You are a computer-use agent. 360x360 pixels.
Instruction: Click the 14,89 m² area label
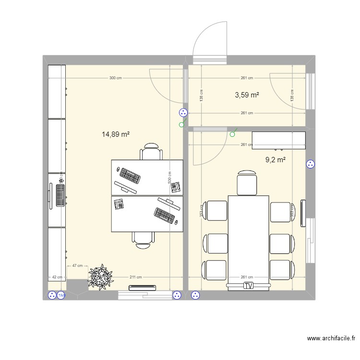point(116,135)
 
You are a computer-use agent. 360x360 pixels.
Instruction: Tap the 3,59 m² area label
point(247,95)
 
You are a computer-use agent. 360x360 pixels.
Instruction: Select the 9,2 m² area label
point(276,160)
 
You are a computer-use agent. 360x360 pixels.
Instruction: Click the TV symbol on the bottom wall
point(248,286)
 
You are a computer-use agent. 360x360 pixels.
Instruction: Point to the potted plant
point(101,277)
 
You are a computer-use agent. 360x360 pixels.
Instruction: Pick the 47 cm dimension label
point(77,265)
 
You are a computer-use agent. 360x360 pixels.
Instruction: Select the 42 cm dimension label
point(57,277)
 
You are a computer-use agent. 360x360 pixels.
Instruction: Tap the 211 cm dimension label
point(136,277)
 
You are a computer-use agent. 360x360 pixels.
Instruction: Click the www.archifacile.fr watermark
point(331,338)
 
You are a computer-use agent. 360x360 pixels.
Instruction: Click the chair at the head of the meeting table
point(247,182)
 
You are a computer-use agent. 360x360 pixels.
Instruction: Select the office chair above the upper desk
point(151,152)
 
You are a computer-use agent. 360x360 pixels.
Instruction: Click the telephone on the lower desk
point(119,204)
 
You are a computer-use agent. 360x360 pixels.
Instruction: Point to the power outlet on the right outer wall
point(310,165)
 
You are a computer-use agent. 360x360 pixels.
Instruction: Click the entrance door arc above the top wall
point(209,41)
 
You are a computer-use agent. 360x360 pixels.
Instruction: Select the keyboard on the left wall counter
point(60,195)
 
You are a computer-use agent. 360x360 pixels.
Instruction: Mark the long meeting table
point(248,238)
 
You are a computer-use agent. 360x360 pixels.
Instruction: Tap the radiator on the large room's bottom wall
point(143,288)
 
